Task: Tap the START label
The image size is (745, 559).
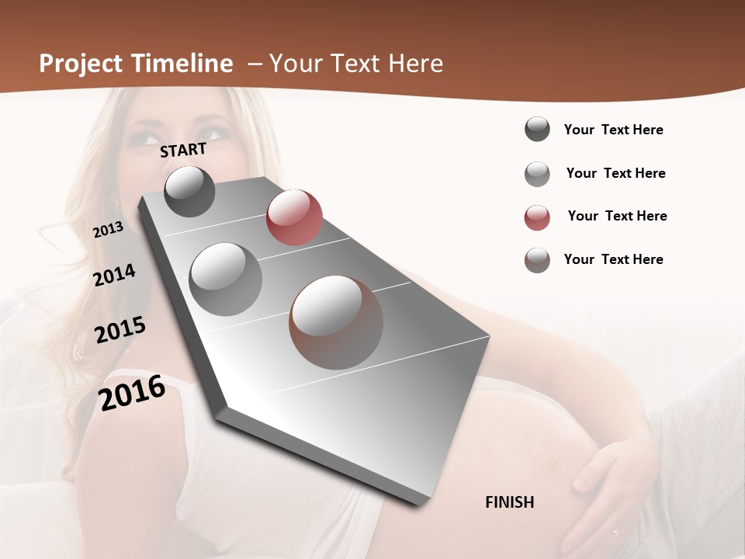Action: [183, 150]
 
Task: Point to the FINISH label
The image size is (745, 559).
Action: [509, 502]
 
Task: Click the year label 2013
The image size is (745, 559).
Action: [108, 230]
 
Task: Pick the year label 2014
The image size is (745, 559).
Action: [114, 276]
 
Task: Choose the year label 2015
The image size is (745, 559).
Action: [120, 330]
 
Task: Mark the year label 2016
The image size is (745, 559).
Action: [132, 392]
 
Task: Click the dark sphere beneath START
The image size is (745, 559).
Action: [190, 191]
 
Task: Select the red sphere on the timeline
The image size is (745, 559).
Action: [294, 217]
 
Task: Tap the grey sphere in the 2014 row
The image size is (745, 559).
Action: [226, 279]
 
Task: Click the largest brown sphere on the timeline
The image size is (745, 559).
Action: [336, 322]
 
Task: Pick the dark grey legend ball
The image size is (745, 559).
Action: [537, 129]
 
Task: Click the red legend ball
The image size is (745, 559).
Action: [537, 217]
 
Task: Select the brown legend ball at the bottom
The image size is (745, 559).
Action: [537, 260]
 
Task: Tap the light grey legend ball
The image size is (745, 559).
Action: [537, 174]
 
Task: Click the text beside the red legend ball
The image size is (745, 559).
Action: [617, 216]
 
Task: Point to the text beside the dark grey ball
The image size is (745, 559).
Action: [613, 130]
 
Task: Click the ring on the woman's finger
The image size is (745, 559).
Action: [616, 534]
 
